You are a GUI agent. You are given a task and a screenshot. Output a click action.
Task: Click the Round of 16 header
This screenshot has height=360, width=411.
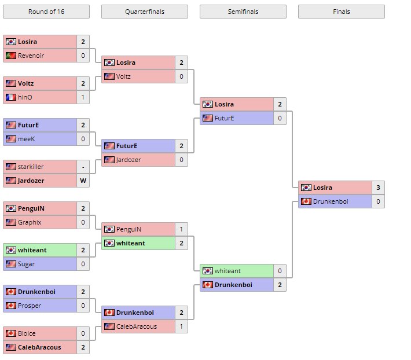tap(46, 12)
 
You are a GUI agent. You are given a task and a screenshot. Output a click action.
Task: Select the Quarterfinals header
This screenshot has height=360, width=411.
tap(144, 12)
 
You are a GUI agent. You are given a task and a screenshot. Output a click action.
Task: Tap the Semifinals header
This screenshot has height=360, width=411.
tap(243, 12)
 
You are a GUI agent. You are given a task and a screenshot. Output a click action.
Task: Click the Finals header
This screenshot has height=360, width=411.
tap(341, 12)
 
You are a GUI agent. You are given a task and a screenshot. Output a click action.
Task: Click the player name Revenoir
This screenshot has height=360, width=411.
tap(31, 56)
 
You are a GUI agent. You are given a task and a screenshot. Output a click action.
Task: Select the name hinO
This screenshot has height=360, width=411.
tap(25, 97)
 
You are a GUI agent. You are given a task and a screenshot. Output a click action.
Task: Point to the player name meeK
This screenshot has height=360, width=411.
tap(27, 139)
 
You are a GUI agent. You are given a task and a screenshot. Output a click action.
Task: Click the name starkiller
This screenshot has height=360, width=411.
tap(31, 167)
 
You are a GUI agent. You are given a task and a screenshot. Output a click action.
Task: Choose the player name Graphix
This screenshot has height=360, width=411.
tap(30, 222)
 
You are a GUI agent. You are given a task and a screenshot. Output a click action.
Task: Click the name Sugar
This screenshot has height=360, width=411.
tap(26, 264)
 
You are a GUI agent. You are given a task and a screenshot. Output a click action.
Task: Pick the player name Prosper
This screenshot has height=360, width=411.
tap(29, 306)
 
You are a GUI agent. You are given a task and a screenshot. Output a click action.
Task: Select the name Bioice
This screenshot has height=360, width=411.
tap(27, 333)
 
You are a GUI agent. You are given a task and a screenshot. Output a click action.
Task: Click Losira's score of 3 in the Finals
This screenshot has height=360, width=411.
tap(378, 188)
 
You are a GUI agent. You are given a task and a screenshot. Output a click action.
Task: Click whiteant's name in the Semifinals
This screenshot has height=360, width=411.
tap(227, 271)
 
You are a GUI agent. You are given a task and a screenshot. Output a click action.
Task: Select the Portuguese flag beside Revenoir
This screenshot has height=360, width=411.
tap(10, 56)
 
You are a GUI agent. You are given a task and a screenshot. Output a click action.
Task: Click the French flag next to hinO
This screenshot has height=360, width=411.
tap(10, 97)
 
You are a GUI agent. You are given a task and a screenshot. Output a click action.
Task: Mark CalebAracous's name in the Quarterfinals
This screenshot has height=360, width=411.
tap(137, 326)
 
